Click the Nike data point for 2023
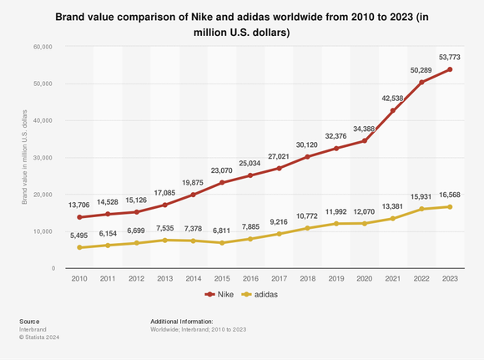click(x=450, y=69)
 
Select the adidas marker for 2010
click(x=80, y=247)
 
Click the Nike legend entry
click(x=219, y=295)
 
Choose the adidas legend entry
click(x=260, y=295)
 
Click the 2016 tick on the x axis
click(x=250, y=278)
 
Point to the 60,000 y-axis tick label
click(x=43, y=48)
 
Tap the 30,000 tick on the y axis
click(x=43, y=158)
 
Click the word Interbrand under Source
click(x=33, y=328)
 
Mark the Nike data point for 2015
click(x=222, y=182)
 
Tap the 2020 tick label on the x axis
click(x=364, y=278)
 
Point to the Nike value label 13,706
click(x=80, y=204)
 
